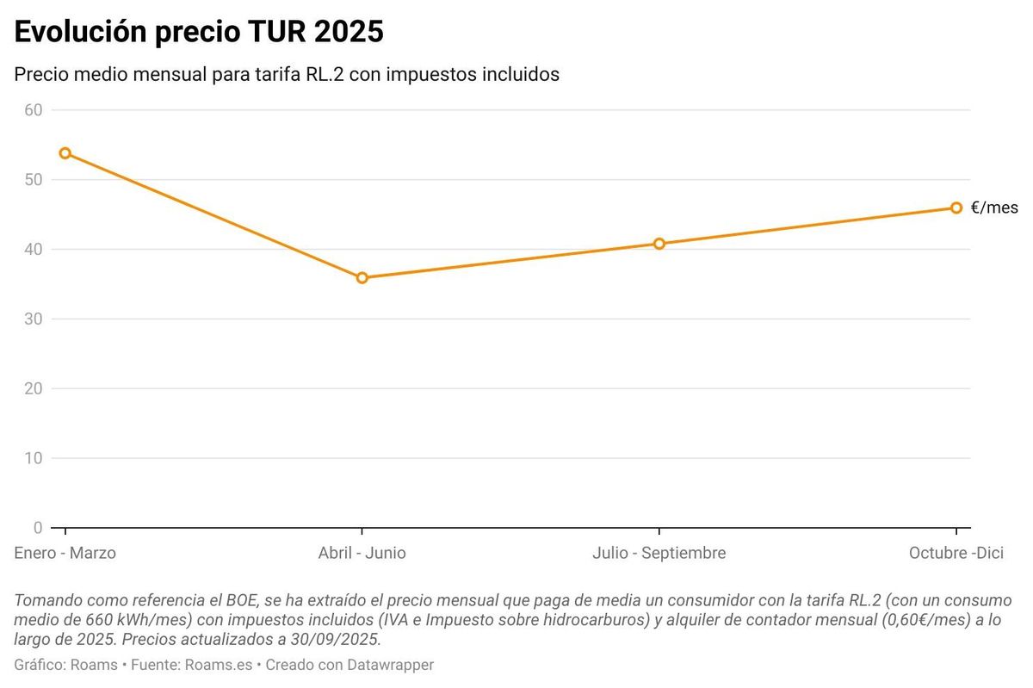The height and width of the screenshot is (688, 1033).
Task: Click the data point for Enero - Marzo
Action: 65,153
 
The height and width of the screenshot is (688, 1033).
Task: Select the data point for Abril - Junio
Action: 362,277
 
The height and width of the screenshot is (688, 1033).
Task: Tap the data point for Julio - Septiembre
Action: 659,244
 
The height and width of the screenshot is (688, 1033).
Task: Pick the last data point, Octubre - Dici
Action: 956,208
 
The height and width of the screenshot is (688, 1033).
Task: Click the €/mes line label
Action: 994,208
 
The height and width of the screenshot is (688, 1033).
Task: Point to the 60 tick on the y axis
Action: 34,109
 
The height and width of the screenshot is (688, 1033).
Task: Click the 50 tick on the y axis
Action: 34,179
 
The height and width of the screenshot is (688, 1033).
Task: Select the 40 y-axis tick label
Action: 34,249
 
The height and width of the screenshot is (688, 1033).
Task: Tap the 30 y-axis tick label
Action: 34,319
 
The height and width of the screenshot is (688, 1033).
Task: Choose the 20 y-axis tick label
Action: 34,388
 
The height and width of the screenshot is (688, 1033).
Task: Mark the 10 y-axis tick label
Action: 34,458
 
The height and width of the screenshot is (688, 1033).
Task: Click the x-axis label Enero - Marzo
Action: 65,553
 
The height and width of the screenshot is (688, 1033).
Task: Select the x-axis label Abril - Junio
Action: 362,553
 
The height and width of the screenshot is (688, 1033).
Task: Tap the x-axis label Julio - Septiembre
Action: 659,553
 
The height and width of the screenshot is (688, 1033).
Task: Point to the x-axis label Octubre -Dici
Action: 956,553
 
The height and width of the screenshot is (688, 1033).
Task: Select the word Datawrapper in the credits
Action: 392,665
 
